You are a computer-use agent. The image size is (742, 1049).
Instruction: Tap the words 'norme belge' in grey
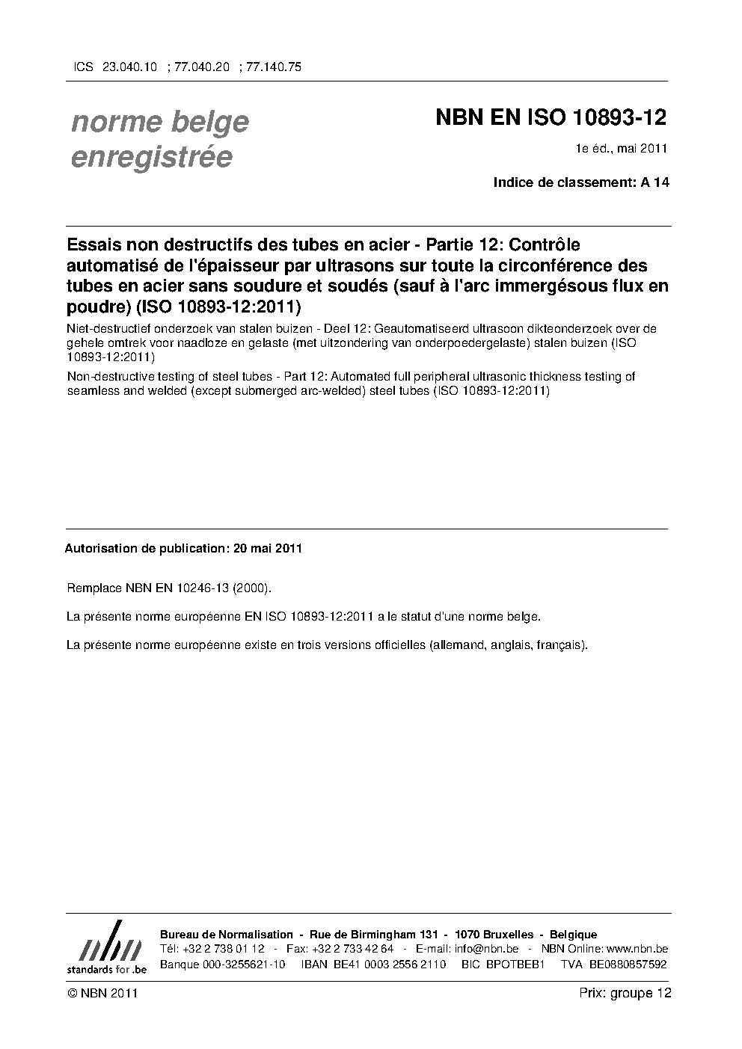[159, 122]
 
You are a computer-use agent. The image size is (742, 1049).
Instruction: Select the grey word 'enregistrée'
[151, 158]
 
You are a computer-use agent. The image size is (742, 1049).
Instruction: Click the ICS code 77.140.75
[274, 67]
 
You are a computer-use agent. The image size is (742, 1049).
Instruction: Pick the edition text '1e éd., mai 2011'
[621, 149]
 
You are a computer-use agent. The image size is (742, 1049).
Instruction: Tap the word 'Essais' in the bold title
[93, 245]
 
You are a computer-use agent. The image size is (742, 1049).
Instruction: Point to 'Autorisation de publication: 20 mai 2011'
[183, 548]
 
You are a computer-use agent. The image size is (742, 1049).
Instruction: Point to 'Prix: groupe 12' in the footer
[625, 993]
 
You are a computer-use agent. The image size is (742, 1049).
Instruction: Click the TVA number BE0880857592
[628, 965]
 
